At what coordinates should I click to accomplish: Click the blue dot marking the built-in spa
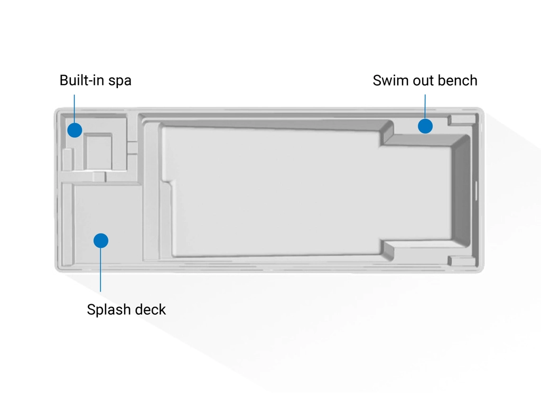click(74, 130)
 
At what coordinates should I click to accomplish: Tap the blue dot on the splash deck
click(101, 241)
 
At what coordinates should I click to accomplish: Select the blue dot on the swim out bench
click(425, 126)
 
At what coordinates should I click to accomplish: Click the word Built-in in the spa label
click(79, 80)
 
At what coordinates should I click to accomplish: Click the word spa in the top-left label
click(119, 81)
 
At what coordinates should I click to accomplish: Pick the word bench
click(458, 80)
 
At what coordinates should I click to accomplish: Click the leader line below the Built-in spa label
click(74, 108)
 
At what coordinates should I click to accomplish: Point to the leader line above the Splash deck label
click(101, 269)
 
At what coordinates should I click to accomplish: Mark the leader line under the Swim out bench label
click(425, 106)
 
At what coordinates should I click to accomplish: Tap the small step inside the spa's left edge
click(67, 159)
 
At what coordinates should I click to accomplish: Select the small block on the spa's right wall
click(132, 148)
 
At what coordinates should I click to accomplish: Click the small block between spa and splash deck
click(99, 176)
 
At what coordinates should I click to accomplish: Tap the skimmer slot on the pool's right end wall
click(475, 191)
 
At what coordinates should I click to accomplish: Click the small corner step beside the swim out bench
click(461, 120)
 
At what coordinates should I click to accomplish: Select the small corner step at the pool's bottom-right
click(461, 261)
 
